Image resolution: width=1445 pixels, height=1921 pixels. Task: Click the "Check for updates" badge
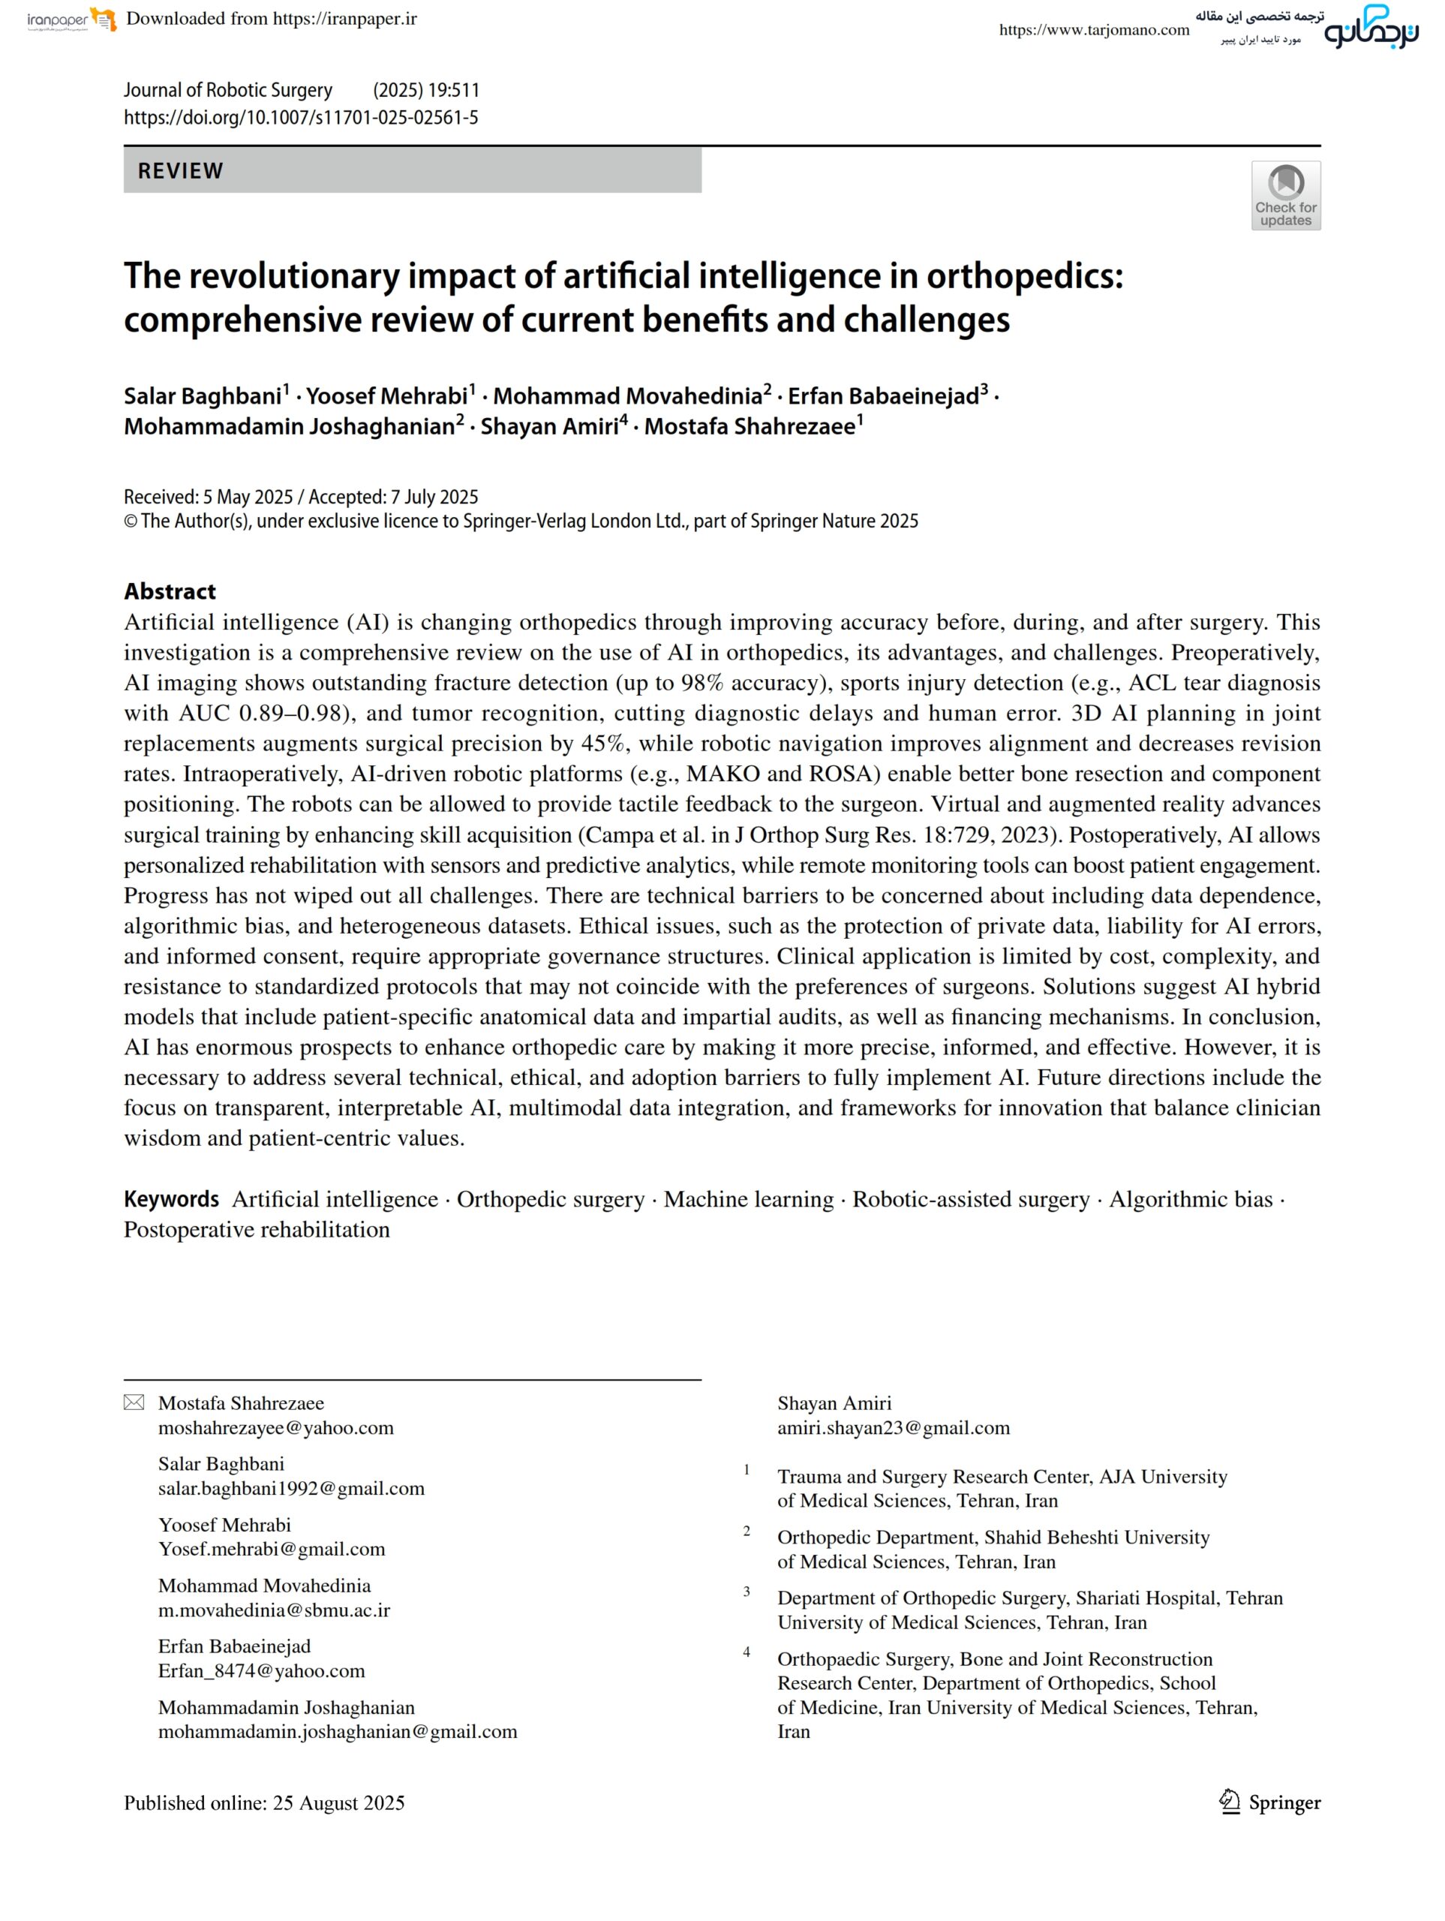point(1285,195)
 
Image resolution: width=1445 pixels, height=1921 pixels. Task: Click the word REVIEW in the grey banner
point(181,171)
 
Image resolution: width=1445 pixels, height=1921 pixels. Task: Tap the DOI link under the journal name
point(300,118)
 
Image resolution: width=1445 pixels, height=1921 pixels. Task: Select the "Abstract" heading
point(170,591)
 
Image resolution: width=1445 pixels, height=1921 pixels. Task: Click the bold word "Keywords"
point(171,1199)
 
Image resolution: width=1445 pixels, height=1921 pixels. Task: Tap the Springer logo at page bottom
point(1269,1803)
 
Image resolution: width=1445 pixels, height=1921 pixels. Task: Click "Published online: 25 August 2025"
point(264,1803)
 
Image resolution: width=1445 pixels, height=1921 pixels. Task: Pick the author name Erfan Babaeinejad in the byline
point(883,397)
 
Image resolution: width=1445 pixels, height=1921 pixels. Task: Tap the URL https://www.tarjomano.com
point(1093,31)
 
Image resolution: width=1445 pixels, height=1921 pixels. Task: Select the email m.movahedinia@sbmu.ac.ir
point(274,1610)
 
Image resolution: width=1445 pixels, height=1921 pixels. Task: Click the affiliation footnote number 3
point(746,1591)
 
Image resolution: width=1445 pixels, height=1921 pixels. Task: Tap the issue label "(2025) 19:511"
point(425,90)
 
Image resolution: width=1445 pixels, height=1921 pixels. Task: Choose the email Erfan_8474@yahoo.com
point(261,1671)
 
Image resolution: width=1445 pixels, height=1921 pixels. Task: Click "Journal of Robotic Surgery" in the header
point(227,90)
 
